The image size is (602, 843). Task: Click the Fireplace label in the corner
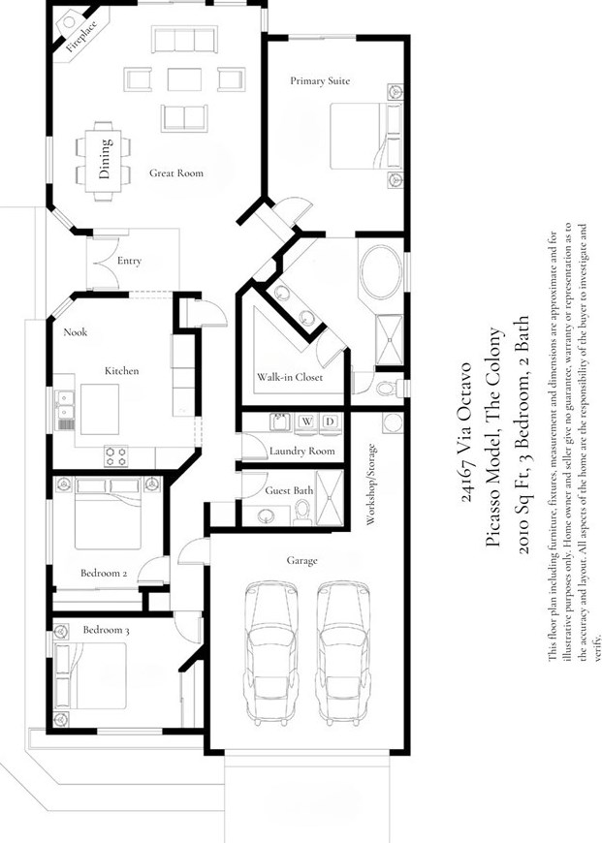(x=76, y=37)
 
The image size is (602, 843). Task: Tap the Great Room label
(x=175, y=173)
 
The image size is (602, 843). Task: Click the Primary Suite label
(x=319, y=80)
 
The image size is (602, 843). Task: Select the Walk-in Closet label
(x=289, y=377)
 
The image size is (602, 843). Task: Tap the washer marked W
(x=306, y=421)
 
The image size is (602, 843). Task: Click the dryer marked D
(x=330, y=421)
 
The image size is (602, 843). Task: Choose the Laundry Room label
(x=301, y=452)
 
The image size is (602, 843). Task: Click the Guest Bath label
(x=289, y=491)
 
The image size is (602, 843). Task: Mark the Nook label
(x=76, y=332)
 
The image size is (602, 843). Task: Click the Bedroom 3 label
(x=106, y=630)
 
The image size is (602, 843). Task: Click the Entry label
(x=129, y=261)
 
